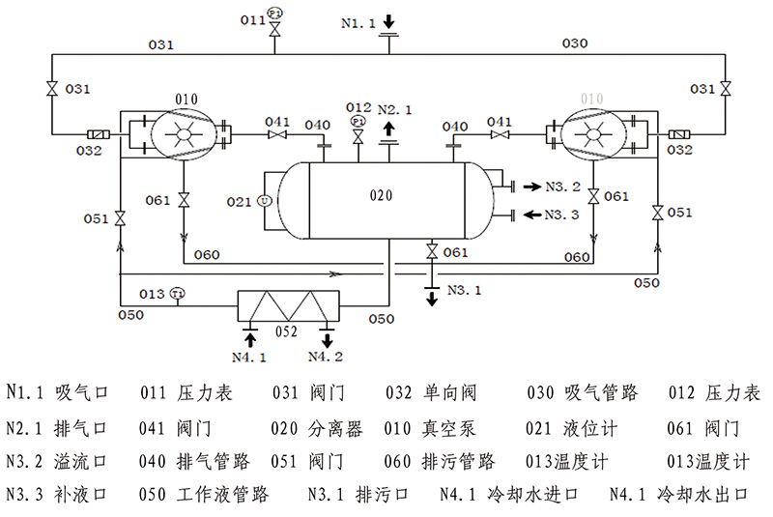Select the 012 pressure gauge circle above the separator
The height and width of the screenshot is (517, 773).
tap(358, 122)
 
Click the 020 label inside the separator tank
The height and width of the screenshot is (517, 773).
tap(383, 194)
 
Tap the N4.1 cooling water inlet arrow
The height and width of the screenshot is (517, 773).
tap(249, 337)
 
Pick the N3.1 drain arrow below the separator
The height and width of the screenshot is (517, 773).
tap(431, 294)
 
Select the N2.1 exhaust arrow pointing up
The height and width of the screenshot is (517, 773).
tap(388, 128)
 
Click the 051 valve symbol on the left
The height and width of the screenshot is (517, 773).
tap(120, 219)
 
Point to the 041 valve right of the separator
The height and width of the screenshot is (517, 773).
tap(499, 135)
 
